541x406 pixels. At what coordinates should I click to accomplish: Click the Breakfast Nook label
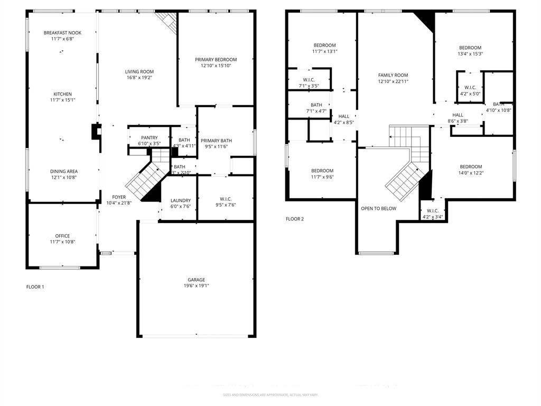62,33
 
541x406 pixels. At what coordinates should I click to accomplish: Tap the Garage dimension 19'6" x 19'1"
196,286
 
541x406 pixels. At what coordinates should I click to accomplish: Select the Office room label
62,236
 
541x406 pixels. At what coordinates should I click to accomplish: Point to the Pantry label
149,137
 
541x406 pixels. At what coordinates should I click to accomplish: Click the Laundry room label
180,200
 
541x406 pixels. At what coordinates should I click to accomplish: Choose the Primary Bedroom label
216,60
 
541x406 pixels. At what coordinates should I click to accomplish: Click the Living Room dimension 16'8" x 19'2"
139,78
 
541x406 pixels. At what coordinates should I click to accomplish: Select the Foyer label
119,197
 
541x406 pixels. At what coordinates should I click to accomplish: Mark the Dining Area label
64,171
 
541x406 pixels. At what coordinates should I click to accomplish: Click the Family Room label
393,75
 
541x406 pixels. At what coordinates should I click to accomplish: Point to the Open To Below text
378,208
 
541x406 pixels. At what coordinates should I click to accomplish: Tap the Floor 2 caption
295,219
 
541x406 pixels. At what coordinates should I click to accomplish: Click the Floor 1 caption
35,287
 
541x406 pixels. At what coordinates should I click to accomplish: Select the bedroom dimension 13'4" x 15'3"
470,53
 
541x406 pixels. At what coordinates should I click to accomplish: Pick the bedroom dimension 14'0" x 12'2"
470,173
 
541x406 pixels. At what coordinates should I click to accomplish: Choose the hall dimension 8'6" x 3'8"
458,121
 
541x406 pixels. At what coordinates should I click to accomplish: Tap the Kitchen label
62,94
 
